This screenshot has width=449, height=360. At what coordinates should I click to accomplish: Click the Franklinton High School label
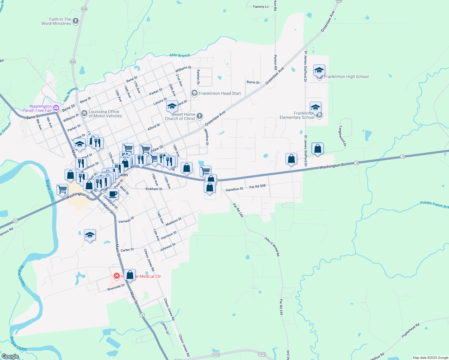click(x=346, y=77)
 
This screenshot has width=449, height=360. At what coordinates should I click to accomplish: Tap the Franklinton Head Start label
click(x=220, y=93)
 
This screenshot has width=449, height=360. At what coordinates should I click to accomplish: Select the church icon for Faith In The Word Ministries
click(x=76, y=21)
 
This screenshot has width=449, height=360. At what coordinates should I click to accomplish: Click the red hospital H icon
click(x=117, y=276)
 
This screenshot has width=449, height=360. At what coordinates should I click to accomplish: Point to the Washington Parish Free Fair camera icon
click(x=56, y=108)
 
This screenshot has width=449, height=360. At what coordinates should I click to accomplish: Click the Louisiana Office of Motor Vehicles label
click(x=105, y=114)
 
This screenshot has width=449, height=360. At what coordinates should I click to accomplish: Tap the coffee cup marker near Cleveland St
click(x=113, y=194)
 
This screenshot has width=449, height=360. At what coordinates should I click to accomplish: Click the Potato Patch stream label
click(x=434, y=205)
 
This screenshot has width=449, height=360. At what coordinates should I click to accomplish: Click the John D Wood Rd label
click(x=272, y=246)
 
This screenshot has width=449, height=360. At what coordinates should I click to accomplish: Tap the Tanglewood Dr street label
click(x=342, y=136)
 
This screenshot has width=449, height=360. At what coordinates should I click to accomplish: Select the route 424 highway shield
click(x=84, y=9)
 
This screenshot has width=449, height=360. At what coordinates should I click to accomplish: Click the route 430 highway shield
click(x=73, y=62)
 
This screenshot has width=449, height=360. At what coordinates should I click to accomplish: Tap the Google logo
click(x=10, y=356)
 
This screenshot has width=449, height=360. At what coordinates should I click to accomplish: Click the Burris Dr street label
click(x=253, y=82)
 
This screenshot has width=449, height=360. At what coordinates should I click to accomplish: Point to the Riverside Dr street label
click(x=116, y=287)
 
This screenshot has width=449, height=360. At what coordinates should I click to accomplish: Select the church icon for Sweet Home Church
click(x=200, y=116)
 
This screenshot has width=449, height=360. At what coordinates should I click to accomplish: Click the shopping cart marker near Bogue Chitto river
click(x=62, y=190)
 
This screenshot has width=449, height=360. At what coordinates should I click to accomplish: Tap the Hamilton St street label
click(x=234, y=189)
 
